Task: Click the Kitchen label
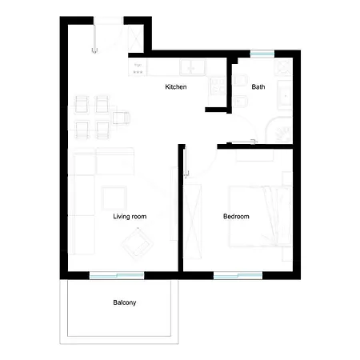176,86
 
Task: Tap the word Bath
258,86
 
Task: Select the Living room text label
130,216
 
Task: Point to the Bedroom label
236,216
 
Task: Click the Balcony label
124,302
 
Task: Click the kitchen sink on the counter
191,67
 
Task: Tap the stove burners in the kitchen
218,83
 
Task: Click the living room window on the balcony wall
117,275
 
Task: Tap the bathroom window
262,54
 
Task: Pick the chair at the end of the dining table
120,118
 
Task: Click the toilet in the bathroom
240,101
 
